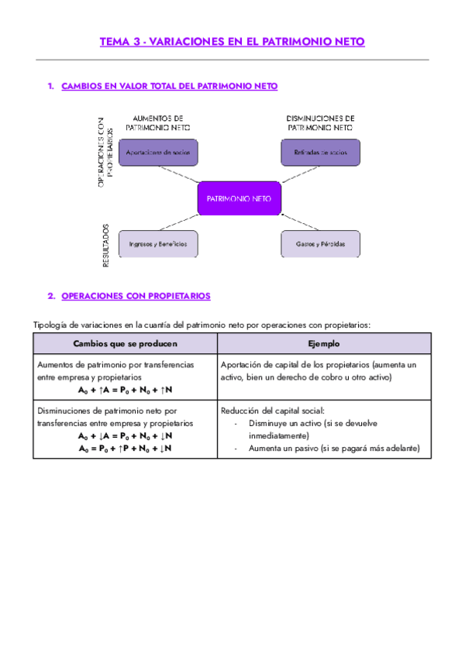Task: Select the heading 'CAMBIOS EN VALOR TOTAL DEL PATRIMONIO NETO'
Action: click(x=169, y=86)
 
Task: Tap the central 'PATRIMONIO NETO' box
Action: click(x=239, y=198)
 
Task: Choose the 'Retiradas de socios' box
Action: click(x=320, y=153)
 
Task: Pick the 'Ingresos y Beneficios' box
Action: click(x=158, y=243)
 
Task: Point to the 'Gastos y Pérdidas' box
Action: click(x=320, y=243)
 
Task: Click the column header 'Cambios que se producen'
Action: click(x=125, y=343)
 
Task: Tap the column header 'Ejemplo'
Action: click(x=323, y=343)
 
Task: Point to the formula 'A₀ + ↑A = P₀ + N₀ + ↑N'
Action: click(x=125, y=390)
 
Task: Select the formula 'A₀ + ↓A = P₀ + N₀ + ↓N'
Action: click(x=125, y=435)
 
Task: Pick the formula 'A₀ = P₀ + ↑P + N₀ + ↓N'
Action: click(x=125, y=448)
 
